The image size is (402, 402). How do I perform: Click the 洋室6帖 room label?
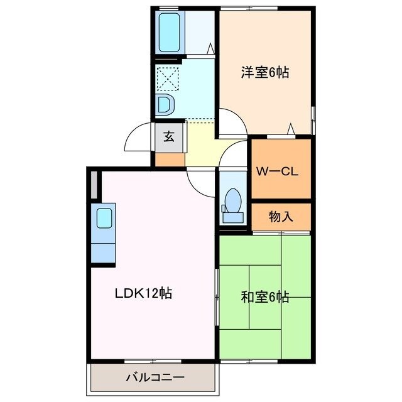click(x=264, y=72)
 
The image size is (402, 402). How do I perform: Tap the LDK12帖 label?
click(x=143, y=293)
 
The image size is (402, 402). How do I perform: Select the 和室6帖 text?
click(x=264, y=297)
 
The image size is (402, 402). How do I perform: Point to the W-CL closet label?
click(x=281, y=171)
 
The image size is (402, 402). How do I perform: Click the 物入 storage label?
click(x=281, y=217)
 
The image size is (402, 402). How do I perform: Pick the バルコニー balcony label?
click(x=155, y=378)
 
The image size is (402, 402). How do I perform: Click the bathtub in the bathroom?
click(x=169, y=32)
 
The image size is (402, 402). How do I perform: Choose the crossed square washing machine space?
click(x=168, y=79)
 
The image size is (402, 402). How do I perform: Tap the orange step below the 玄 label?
click(x=170, y=160)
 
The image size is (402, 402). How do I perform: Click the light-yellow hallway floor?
click(x=201, y=141)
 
